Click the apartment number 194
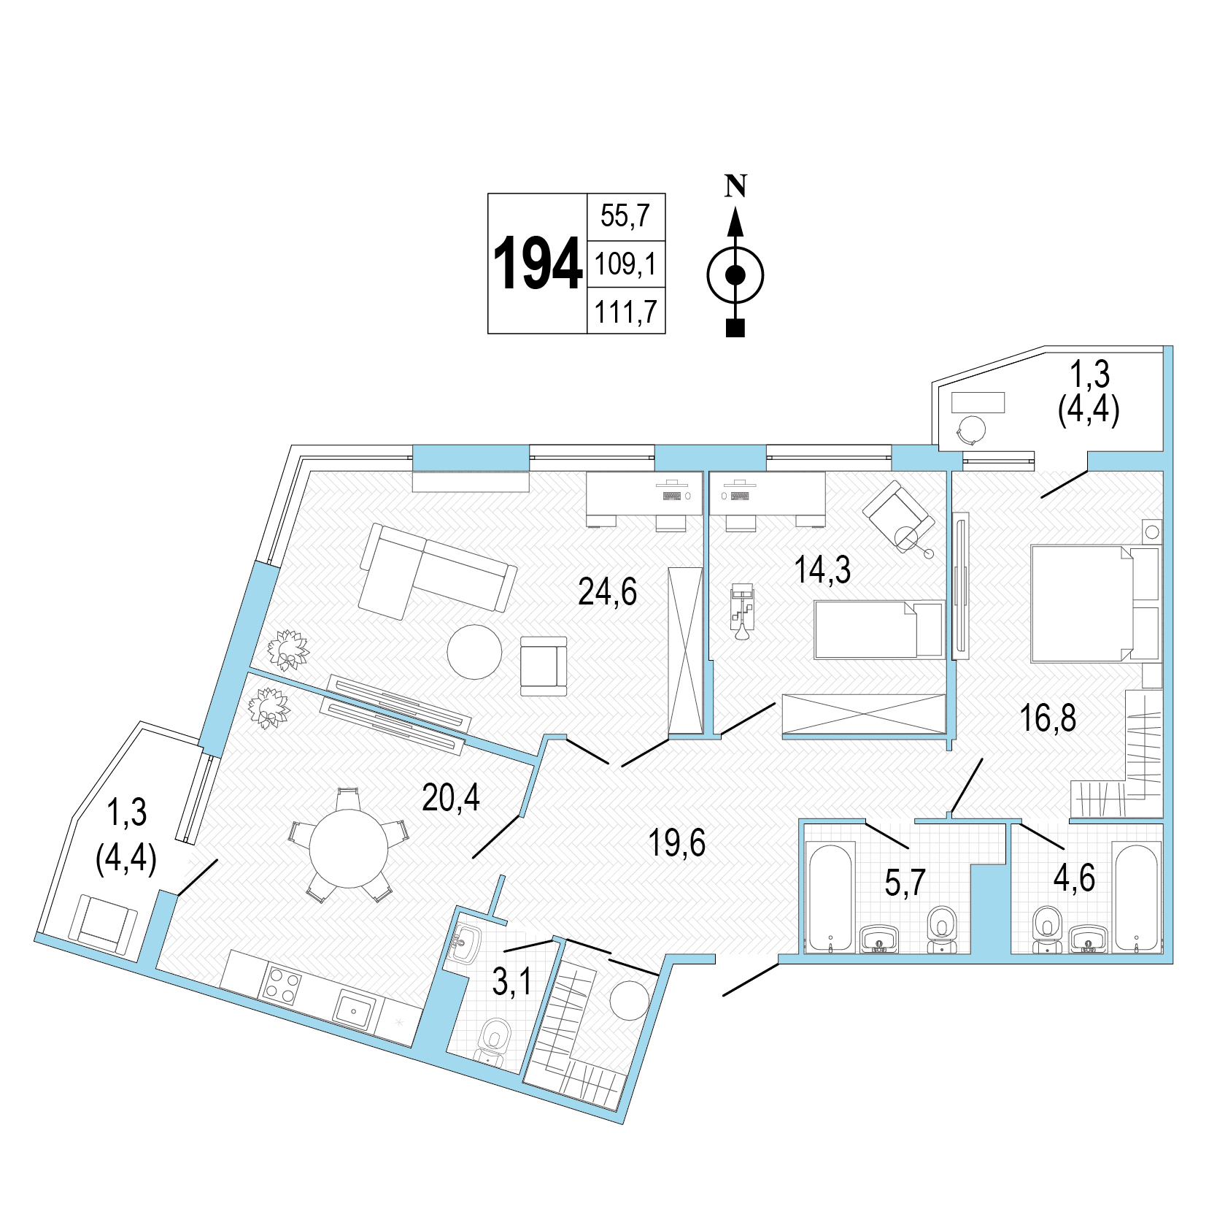pyautogui.click(x=538, y=264)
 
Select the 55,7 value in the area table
pyautogui.click(x=625, y=216)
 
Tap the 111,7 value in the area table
pyautogui.click(x=626, y=312)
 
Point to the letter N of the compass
pyautogui.click(x=735, y=186)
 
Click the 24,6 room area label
pyautogui.click(x=607, y=591)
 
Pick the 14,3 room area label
pyautogui.click(x=822, y=569)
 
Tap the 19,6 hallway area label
pyautogui.click(x=677, y=842)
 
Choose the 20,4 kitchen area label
pyautogui.click(x=451, y=797)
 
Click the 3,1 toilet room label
pyautogui.click(x=512, y=983)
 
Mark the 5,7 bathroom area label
pyautogui.click(x=905, y=883)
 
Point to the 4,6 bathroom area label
pyautogui.click(x=1074, y=878)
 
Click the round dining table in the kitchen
pyautogui.click(x=349, y=848)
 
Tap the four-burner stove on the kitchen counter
pyautogui.click(x=282, y=983)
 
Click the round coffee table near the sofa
pyautogui.click(x=474, y=652)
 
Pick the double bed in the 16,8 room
pyautogui.click(x=1094, y=604)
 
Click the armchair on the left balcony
pyautogui.click(x=103, y=925)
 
